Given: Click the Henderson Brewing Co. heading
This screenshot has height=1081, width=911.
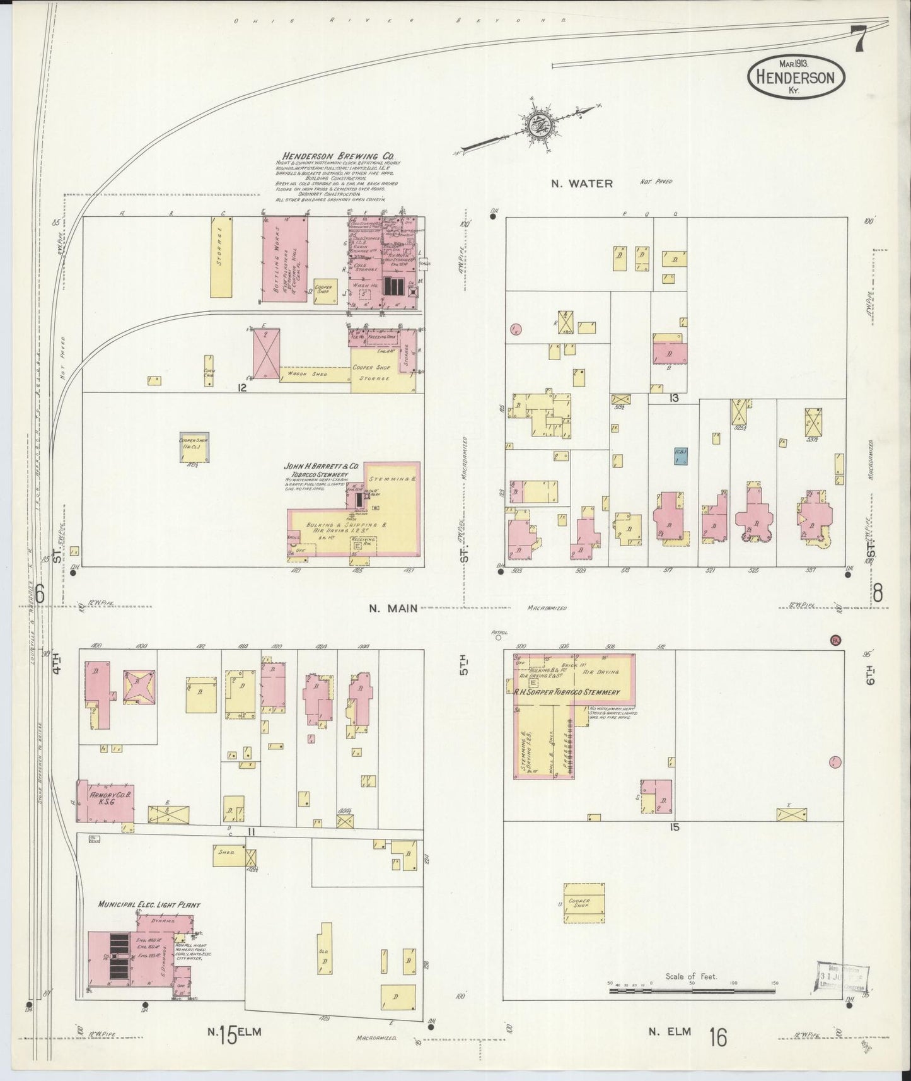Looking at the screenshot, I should click(330, 156).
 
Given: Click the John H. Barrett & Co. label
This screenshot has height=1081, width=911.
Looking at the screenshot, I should click(322, 466).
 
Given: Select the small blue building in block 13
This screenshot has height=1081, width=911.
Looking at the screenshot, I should click(680, 456).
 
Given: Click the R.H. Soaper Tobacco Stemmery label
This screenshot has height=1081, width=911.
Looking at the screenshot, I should click(567, 692).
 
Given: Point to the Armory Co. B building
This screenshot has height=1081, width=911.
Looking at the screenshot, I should click(105, 802).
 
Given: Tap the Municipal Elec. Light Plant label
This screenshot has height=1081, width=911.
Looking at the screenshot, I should click(149, 904).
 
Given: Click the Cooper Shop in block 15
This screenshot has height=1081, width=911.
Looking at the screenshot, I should click(584, 903).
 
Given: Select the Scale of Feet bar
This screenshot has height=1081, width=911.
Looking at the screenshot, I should click(693, 991).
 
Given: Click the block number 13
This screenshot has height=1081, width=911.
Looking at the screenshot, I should click(674, 398).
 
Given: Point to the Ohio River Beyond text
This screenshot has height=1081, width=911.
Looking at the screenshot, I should click(399, 21).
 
